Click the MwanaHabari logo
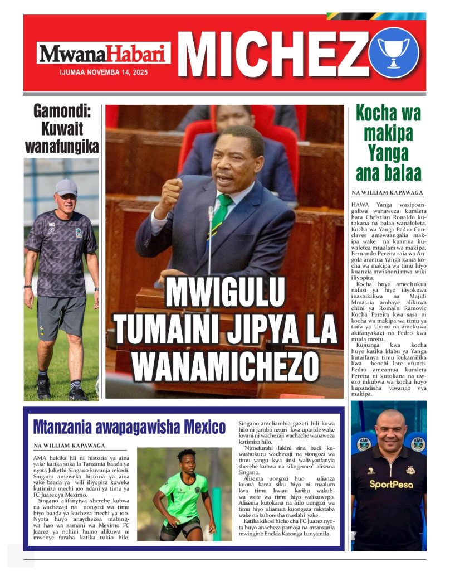pyautogui.click(x=104, y=54)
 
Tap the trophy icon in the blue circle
pyautogui.click(x=393, y=52)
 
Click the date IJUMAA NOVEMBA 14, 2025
pyautogui.click(x=104, y=72)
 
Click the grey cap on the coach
pyautogui.click(x=66, y=186)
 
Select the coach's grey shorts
pyautogui.click(x=61, y=316)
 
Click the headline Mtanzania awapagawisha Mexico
pyautogui.click(x=129, y=427)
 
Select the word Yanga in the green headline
pyautogui.click(x=389, y=152)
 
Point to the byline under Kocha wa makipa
pyautogui.click(x=387, y=193)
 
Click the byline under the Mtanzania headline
pyautogui.click(x=70, y=446)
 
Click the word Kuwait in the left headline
pyautogui.click(x=61, y=129)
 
